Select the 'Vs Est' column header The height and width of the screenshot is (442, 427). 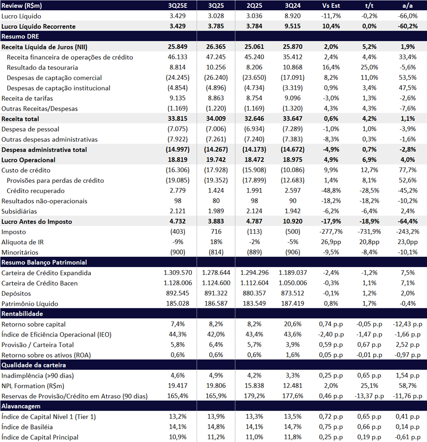coord(331,6)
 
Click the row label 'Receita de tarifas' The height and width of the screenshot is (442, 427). coord(27,98)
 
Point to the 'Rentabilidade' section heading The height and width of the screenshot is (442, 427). coord(22,314)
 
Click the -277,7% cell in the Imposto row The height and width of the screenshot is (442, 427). coord(331,232)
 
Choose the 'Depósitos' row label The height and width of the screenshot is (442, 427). coord(17,293)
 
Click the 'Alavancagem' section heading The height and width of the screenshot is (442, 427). coord(21,406)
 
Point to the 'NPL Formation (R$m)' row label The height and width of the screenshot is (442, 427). coord(33,386)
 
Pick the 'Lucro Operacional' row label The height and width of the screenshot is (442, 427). coord(28,160)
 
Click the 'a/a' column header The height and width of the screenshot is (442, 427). coord(408,6)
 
